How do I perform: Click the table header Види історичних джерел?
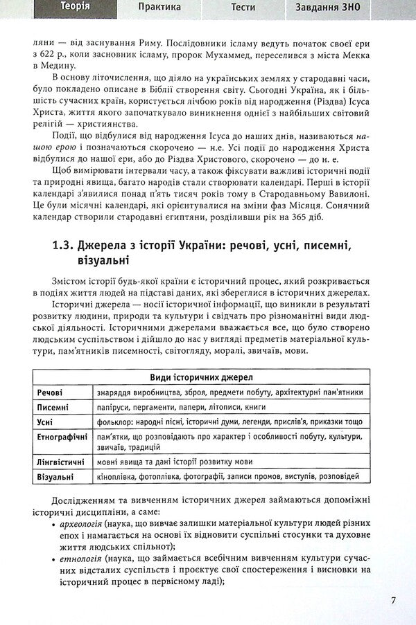[x=201, y=377]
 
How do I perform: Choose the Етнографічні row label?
[x=62, y=438]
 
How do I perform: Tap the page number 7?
[x=393, y=599]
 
